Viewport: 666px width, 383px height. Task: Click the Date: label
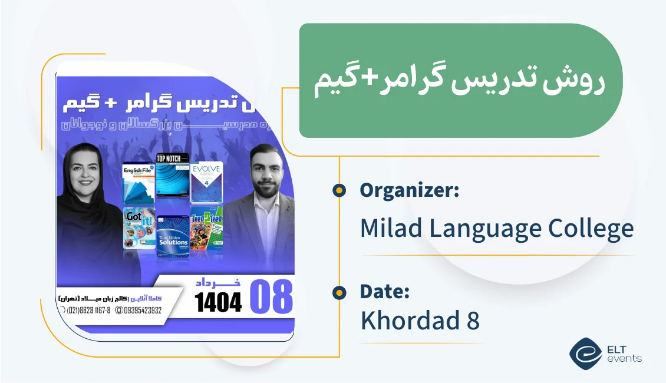point(385,292)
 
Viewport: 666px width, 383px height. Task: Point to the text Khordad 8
point(420,321)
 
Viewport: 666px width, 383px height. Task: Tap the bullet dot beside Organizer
point(339,190)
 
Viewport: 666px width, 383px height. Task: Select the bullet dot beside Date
point(339,292)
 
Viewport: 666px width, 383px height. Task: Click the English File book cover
point(138,182)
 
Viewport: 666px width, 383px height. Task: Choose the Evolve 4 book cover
point(206,182)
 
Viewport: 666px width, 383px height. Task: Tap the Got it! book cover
point(139,228)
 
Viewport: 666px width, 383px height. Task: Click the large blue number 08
point(271,297)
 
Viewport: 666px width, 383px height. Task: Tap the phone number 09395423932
point(141,310)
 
